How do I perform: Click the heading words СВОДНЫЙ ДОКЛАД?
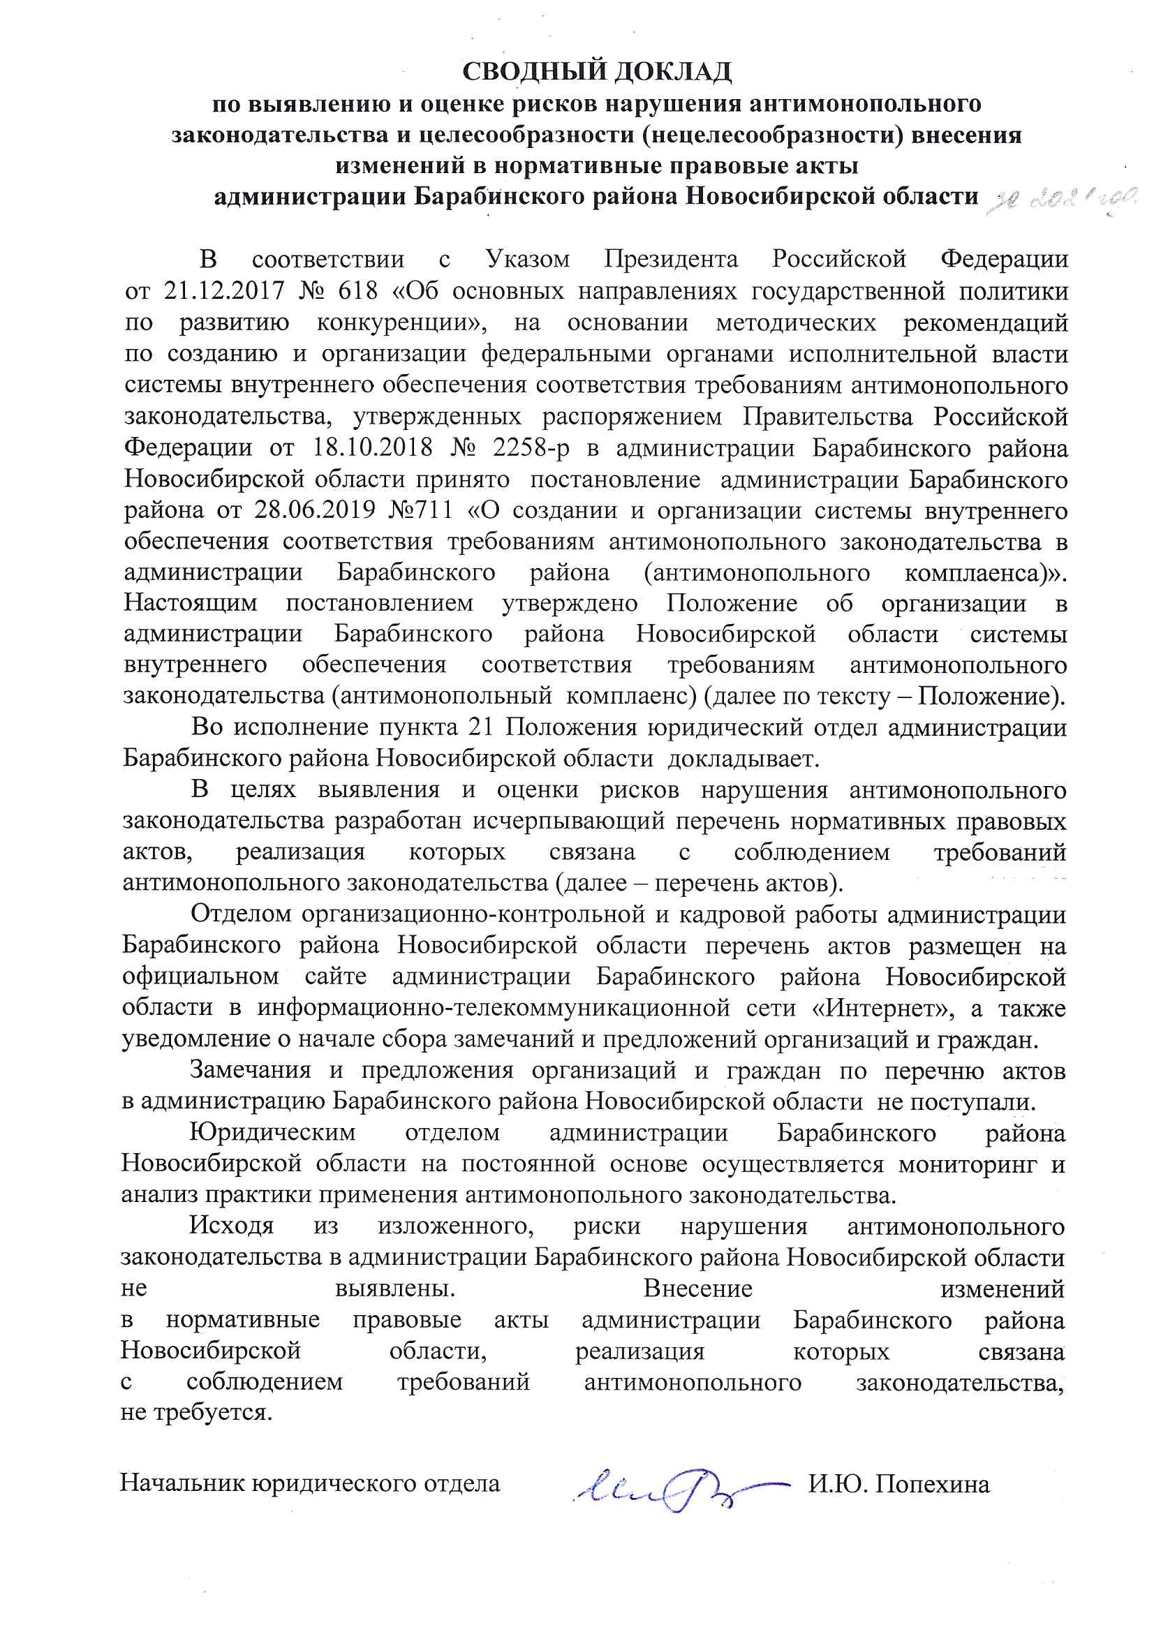pos(597,72)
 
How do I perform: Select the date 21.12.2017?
pos(224,290)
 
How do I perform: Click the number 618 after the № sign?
pos(354,290)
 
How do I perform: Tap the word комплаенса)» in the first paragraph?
pos(986,572)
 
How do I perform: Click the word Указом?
pos(528,260)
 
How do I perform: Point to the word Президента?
pos(671,260)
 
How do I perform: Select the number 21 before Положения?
pos(482,727)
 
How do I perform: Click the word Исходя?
pos(231,1227)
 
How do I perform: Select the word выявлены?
pos(395,1289)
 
